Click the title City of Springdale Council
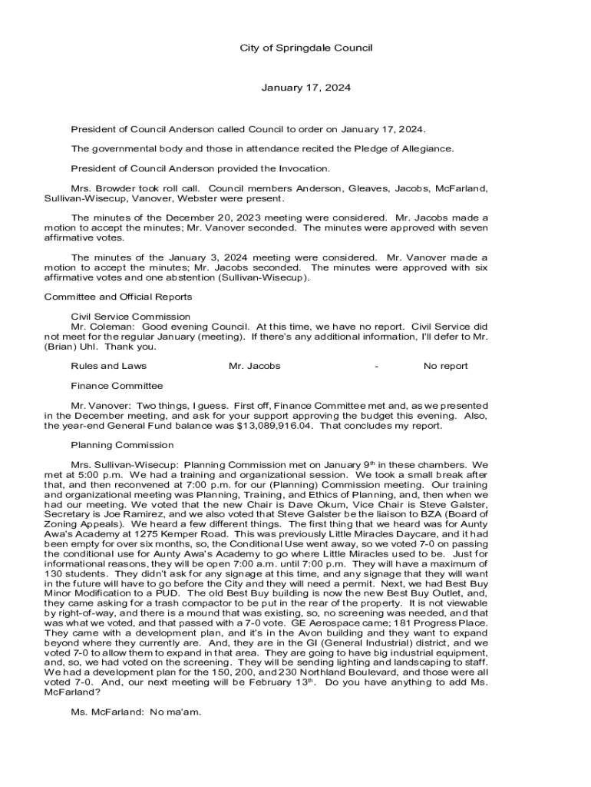(x=305, y=48)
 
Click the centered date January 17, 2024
(x=305, y=88)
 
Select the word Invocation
(x=302, y=168)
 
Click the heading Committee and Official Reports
(x=118, y=297)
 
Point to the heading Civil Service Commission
(x=130, y=317)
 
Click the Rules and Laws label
(x=108, y=366)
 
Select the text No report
(x=445, y=366)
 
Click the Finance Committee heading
(x=117, y=386)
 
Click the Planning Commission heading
(x=122, y=445)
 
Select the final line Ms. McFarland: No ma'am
(x=136, y=712)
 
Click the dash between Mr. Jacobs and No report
(x=376, y=366)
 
